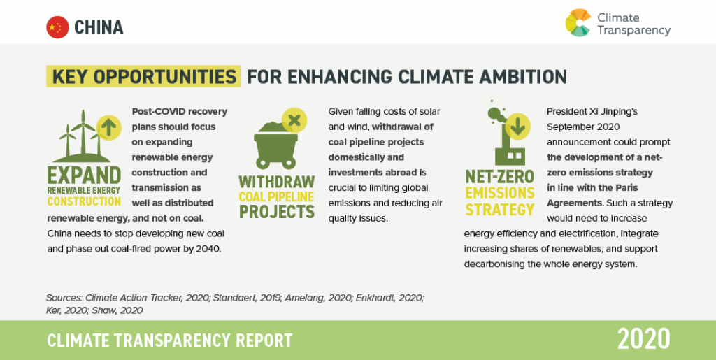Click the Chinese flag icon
click(x=57, y=27)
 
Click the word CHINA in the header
click(x=99, y=27)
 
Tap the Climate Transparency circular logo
click(x=578, y=23)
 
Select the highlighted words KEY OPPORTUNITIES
click(x=144, y=76)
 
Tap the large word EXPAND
click(x=84, y=175)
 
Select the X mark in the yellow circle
click(x=294, y=120)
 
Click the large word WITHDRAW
click(x=277, y=182)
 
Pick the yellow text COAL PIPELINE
click(x=277, y=196)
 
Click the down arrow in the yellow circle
click(x=517, y=127)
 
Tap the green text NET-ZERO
click(x=499, y=177)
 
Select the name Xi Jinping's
click(x=603, y=111)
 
